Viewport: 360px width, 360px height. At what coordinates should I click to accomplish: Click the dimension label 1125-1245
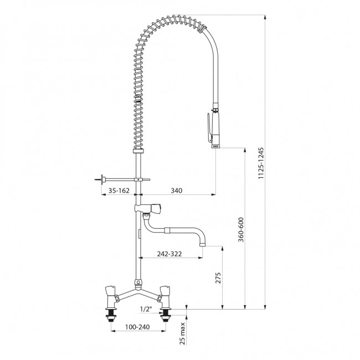coord(261,163)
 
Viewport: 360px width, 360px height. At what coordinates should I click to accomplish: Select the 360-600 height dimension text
coord(241,230)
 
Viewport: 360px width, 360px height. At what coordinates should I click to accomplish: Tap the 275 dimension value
coord(218,278)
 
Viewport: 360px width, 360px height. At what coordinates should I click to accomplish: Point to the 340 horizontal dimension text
coord(177,191)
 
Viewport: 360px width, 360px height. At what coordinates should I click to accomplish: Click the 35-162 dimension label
coord(119,191)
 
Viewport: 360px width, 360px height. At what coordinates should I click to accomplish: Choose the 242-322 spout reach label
coord(169,254)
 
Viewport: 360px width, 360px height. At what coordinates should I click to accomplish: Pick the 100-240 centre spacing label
coord(137,327)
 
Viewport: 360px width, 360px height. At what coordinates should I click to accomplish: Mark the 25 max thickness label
coord(183,333)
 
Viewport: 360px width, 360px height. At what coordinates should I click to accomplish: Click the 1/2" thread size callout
coord(146,309)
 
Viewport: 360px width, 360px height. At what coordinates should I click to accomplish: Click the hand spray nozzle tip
coord(215,146)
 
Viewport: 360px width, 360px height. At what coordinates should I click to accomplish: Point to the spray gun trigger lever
coord(209,127)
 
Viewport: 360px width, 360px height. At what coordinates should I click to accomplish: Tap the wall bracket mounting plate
coord(102,179)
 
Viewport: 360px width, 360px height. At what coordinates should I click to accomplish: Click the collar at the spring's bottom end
coord(138,151)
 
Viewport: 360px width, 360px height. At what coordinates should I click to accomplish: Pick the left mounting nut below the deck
coord(111,316)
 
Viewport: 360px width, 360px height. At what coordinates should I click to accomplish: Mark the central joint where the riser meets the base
coord(138,284)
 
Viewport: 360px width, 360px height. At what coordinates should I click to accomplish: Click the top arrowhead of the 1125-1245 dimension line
coord(265,17)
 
